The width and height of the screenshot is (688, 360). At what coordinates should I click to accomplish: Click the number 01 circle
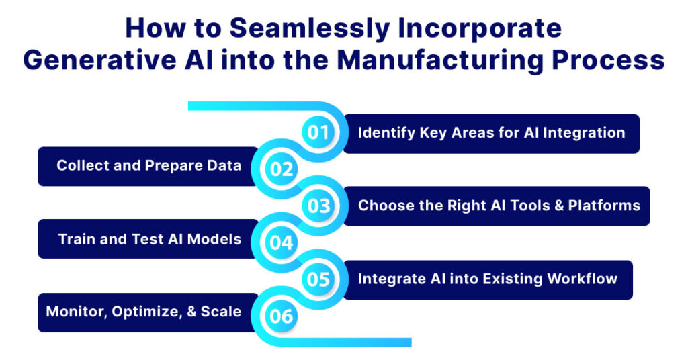coord(318,132)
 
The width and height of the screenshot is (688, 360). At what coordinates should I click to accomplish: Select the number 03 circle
coord(318,206)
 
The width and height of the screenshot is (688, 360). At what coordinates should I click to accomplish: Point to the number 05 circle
coord(318,278)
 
